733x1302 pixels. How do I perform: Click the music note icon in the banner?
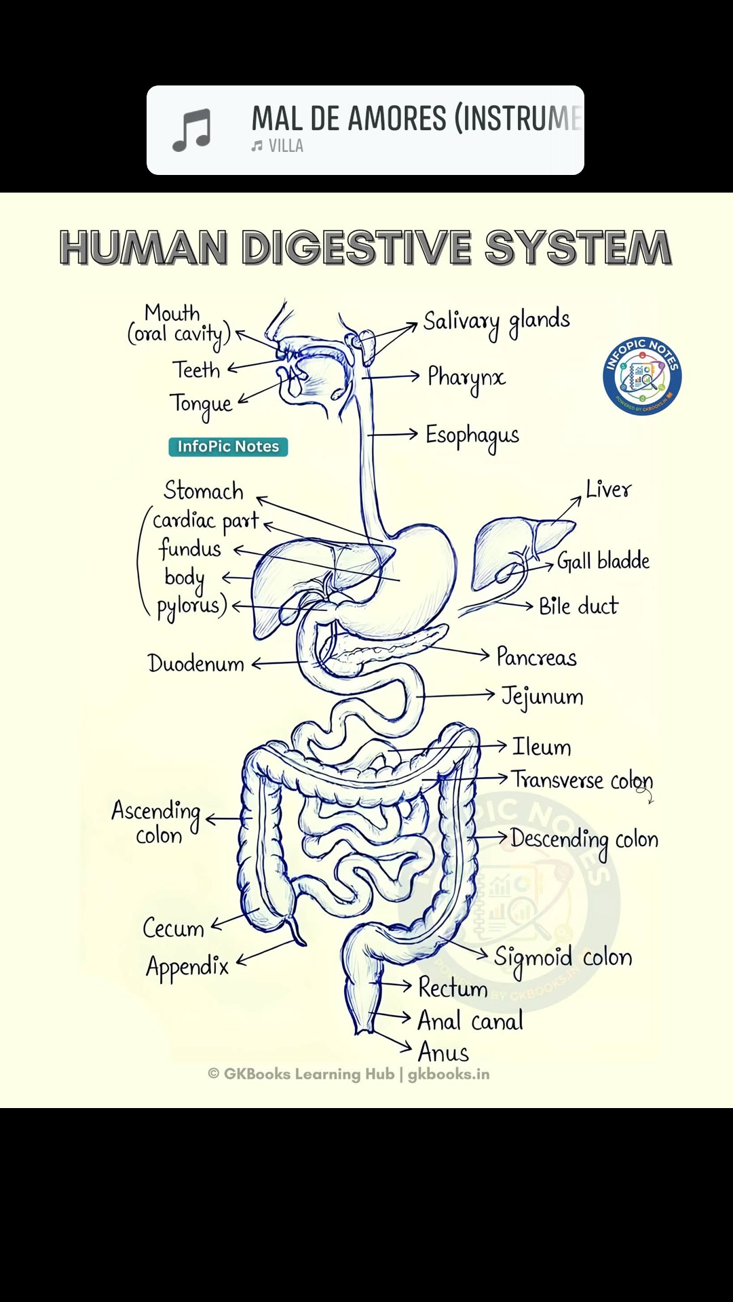191,130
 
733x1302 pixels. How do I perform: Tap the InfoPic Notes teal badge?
228,446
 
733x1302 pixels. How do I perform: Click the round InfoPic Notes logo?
642,376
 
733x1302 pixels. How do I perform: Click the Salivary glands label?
497,322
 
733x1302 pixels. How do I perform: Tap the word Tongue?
201,405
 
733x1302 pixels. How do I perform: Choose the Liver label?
609,489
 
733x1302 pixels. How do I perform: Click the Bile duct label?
579,606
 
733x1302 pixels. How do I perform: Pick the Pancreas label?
537,657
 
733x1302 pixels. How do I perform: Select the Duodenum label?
196,663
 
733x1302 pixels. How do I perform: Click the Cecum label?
174,928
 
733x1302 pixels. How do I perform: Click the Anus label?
443,1052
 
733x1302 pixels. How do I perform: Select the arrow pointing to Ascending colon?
224,820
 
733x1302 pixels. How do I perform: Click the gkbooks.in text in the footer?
449,1074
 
